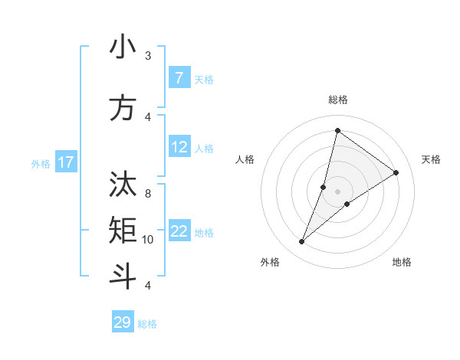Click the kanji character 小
click(123, 47)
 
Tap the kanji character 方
click(123, 108)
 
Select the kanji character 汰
click(123, 183)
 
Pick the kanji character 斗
click(123, 276)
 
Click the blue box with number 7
click(179, 78)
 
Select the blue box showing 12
click(179, 148)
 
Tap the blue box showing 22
click(179, 232)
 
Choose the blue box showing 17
click(66, 162)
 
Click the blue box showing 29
click(122, 322)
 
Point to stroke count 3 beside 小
click(148, 56)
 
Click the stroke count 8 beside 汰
click(148, 193)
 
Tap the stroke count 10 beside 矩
click(148, 240)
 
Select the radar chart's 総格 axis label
click(337, 100)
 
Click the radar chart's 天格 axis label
click(431, 159)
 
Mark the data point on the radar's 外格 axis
click(302, 242)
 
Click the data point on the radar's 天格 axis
click(396, 172)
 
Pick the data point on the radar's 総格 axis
click(337, 130)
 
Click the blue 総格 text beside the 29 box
click(147, 324)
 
